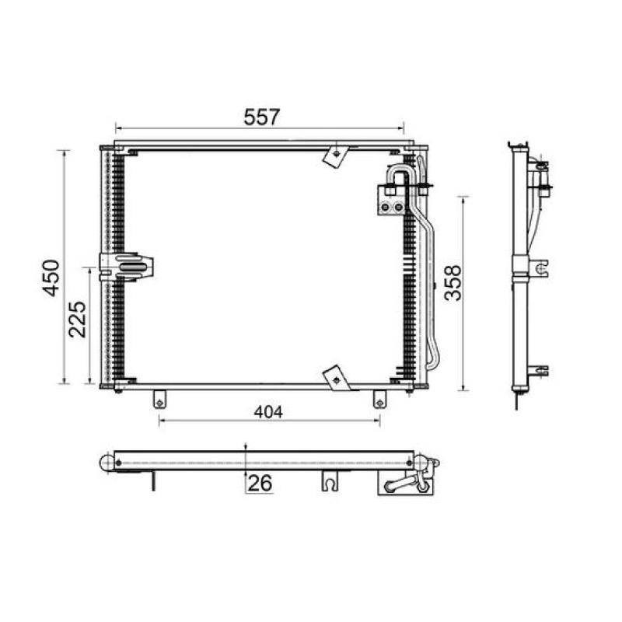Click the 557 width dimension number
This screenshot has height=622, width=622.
click(x=260, y=117)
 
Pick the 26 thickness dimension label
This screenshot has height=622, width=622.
click(x=260, y=484)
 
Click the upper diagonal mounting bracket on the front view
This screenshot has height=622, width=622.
click(x=335, y=154)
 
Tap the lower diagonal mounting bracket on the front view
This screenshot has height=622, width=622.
click(x=336, y=378)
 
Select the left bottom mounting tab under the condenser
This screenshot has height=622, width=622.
click(x=159, y=398)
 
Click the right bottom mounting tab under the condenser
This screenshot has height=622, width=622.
click(x=379, y=398)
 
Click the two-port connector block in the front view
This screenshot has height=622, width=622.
click(x=392, y=199)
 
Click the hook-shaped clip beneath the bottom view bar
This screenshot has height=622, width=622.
click(x=330, y=482)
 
